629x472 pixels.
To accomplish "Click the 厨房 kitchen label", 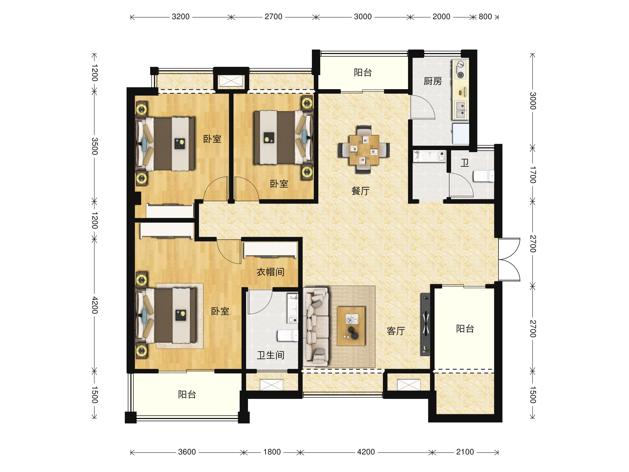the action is tap(432, 81).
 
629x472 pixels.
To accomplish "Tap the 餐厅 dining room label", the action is tap(360, 191).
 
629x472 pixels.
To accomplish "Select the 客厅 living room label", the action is tap(396, 331).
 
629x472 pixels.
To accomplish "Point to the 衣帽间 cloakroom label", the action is tap(270, 272).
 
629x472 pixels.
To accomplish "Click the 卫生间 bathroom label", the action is tap(270, 355).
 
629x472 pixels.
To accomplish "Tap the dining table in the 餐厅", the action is tap(364, 150).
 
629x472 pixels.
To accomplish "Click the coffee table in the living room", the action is tap(351, 326).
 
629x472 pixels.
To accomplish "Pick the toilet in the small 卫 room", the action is tap(483, 176).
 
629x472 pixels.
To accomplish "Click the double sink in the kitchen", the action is tap(460, 110).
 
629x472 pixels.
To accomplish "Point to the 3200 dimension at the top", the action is tap(181, 17).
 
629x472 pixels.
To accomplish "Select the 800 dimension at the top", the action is tap(485, 17).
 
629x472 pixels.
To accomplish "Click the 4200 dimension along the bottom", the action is tap(366, 452).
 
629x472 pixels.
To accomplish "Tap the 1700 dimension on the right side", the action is tap(533, 175).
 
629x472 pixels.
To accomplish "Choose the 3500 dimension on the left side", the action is tap(95, 146).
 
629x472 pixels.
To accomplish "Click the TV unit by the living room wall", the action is tap(425, 324).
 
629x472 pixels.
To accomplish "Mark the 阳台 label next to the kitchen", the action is tap(362, 73).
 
